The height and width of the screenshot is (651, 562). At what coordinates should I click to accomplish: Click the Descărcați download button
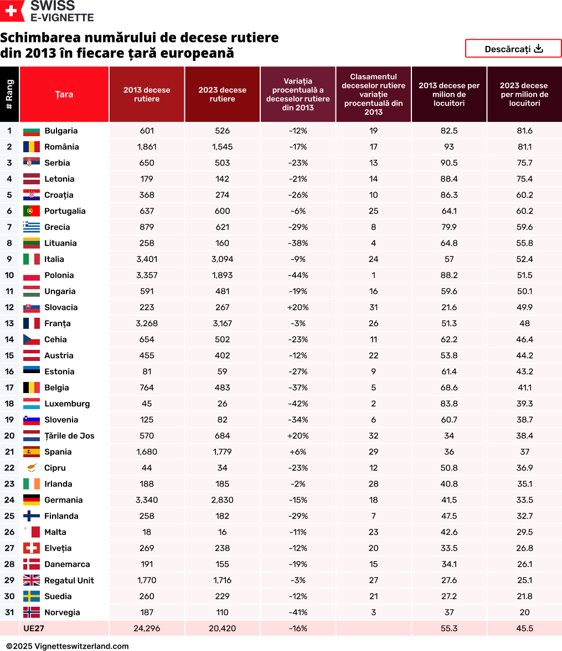pos(513,49)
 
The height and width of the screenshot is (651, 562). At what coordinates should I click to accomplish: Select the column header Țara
pos(64,95)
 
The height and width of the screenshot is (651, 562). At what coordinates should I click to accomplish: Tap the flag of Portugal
pos(32,211)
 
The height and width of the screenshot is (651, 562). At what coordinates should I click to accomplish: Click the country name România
pos(61,147)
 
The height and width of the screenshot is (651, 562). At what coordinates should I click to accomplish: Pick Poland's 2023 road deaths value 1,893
pos(222,275)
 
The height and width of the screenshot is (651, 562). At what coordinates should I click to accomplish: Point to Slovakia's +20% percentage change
pos(298,307)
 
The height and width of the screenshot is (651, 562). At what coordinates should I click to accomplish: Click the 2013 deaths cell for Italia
pos(147,259)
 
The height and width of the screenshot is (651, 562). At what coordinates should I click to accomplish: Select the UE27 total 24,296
pos(147,628)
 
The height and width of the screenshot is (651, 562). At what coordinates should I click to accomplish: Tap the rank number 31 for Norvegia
pos(9,612)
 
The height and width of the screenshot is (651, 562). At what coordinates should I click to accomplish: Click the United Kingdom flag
pos(32,580)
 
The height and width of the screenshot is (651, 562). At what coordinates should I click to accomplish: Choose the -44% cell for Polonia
pos(298,275)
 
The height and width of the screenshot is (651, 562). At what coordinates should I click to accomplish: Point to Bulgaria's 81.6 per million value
pos(524,131)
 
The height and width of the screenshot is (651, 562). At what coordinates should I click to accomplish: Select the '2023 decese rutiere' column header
pos(222,95)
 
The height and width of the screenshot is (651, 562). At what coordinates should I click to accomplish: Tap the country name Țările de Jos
pos(69,436)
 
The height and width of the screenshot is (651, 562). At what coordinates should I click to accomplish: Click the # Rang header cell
pos(9,95)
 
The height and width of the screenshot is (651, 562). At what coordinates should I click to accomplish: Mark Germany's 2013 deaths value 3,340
pos(147,500)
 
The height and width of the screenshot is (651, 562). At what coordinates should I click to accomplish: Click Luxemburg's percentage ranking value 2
pos(373,404)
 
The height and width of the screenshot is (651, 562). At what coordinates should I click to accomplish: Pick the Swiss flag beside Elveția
pos(32,548)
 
